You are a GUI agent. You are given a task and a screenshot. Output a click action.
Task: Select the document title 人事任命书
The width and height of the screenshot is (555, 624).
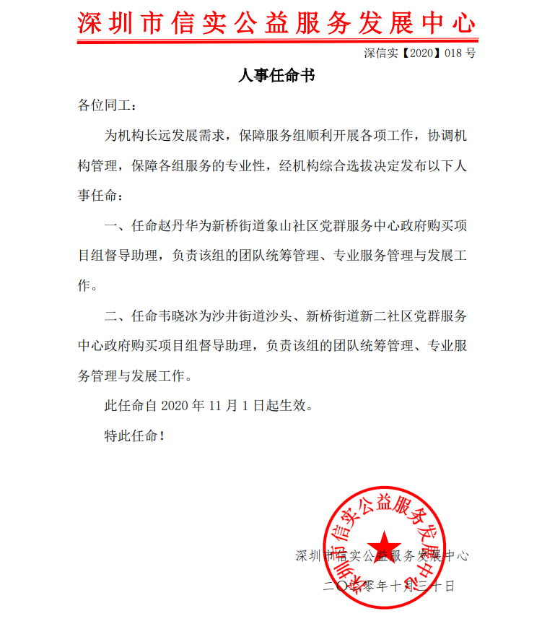click(276, 75)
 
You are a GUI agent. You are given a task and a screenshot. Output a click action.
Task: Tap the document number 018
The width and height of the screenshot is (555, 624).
click(452, 53)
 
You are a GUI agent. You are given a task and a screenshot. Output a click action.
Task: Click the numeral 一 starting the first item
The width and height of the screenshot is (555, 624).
click(111, 225)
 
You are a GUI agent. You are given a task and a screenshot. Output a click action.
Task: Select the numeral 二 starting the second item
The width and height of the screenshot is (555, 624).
click(111, 316)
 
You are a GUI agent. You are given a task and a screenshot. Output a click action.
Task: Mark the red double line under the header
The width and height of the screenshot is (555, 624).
click(276, 40)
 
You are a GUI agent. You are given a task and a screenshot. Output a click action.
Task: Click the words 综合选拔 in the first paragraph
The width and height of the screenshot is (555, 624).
click(361, 165)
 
